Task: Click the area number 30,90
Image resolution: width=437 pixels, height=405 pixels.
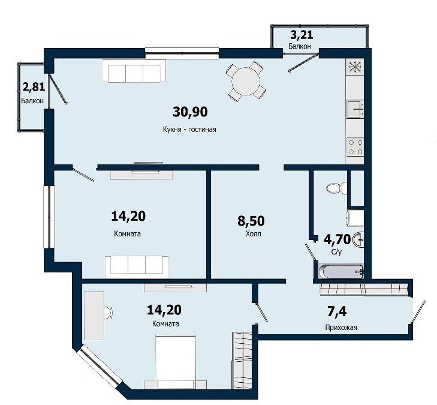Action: tap(190, 112)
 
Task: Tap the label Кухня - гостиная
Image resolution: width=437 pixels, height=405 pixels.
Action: tap(189, 130)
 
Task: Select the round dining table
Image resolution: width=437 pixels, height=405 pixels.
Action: tap(246, 82)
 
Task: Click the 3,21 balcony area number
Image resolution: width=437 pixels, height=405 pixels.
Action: tap(302, 35)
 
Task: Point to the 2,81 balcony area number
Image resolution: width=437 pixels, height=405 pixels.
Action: tap(34, 87)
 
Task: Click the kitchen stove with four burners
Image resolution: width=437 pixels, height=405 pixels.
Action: tap(355, 147)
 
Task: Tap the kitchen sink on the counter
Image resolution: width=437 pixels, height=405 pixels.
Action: tap(355, 109)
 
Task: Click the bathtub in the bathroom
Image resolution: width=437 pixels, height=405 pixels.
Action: tap(341, 271)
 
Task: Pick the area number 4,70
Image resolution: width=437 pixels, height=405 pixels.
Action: tap(337, 239)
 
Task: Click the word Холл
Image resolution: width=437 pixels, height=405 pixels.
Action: tap(254, 234)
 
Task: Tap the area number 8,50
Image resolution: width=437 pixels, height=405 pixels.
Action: tap(251, 221)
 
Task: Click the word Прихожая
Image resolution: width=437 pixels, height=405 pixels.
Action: tap(341, 328)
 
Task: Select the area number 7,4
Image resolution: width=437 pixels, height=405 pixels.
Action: tap(337, 311)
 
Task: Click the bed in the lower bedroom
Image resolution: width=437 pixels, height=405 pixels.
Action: tap(176, 362)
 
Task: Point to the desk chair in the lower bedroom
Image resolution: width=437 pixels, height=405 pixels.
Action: tap(109, 312)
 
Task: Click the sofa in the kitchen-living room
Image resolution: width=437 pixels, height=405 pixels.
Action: tap(134, 71)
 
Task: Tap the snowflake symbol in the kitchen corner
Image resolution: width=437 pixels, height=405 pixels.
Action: tap(355, 67)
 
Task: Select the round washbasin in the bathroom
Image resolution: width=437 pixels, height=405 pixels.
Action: tap(358, 239)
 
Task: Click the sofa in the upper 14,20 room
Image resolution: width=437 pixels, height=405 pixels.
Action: tap(137, 266)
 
